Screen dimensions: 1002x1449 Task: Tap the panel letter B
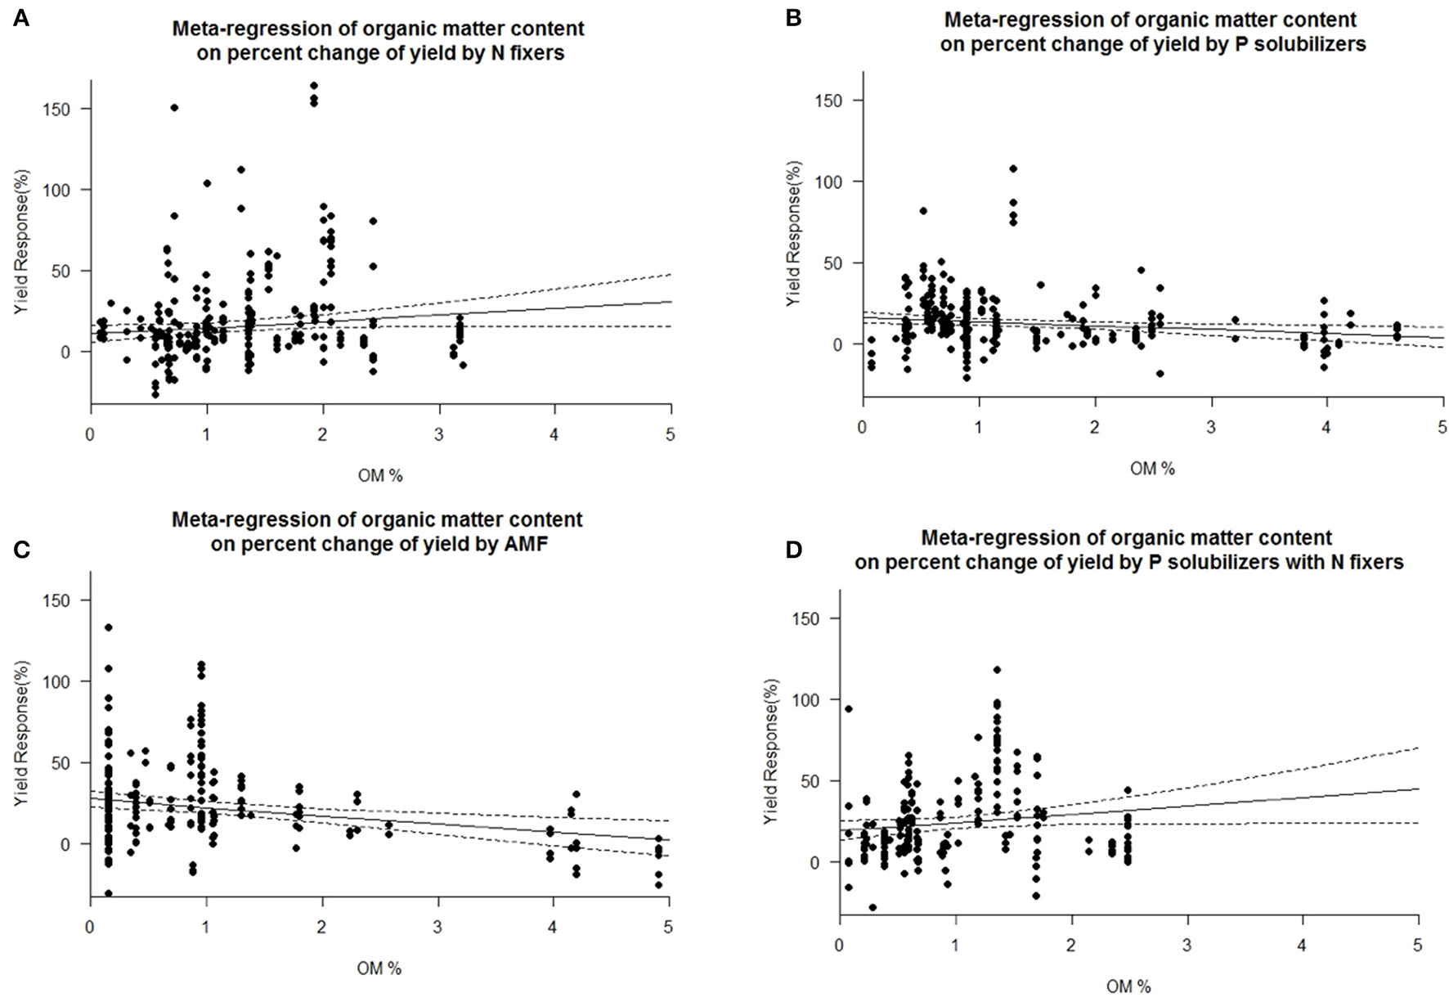[792, 18]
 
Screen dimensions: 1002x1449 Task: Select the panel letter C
[21, 549]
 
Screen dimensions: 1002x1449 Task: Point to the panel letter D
[793, 550]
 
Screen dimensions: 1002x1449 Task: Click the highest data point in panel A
[314, 86]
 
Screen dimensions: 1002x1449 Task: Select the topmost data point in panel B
[1013, 169]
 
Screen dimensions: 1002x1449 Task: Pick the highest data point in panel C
[108, 627]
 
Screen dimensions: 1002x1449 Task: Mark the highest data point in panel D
[997, 670]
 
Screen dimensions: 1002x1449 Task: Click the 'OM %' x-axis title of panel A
[380, 475]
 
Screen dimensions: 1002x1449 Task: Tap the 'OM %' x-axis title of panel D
[1128, 986]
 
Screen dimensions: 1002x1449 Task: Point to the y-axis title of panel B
[793, 233]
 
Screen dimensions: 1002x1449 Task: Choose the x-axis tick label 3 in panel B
[1211, 428]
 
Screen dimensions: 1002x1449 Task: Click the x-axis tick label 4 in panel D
[1303, 946]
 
